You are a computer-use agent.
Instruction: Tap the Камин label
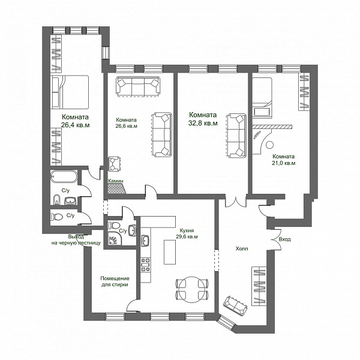coord(116,181)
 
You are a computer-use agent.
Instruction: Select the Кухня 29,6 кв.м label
coord(188,233)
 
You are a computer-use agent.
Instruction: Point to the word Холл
coord(242,248)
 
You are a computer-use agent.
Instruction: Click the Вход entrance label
coord(284,239)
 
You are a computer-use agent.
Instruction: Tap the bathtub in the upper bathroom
coord(63,176)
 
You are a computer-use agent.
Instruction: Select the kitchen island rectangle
coord(170,252)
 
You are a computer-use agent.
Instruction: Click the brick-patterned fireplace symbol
coord(116,188)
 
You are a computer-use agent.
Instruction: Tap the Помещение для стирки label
coord(115,281)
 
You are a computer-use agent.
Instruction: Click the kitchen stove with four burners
coord(146,265)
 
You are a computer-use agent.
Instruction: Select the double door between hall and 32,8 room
coord(236,201)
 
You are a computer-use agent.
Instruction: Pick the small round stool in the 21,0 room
coord(269,145)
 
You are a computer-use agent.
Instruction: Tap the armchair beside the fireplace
coord(115,164)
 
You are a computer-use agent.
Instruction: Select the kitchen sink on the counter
coord(145,241)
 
